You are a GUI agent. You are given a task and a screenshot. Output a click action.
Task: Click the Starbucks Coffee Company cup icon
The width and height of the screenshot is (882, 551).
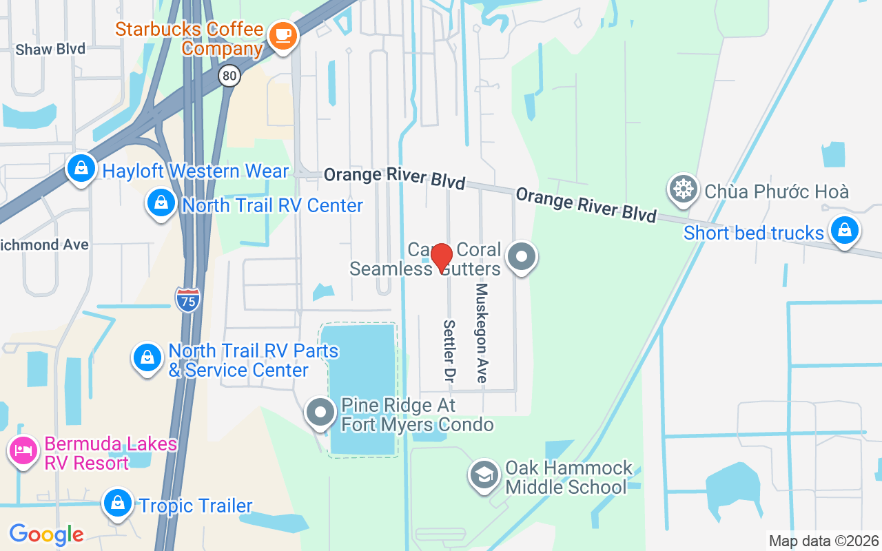click(x=282, y=34)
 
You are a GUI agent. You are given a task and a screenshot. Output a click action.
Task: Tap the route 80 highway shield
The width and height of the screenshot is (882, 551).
click(x=230, y=76)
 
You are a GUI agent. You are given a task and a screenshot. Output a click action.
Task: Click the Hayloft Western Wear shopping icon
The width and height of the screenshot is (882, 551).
click(x=81, y=168)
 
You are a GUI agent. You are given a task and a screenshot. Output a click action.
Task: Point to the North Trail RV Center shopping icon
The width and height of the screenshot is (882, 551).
click(x=161, y=203)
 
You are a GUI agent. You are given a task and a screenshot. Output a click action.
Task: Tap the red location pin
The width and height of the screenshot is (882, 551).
click(x=441, y=258)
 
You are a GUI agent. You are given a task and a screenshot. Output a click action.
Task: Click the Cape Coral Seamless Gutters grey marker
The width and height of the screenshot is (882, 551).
click(x=521, y=257)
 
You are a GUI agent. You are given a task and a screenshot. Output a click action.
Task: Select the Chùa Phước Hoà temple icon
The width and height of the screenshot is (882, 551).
click(x=683, y=189)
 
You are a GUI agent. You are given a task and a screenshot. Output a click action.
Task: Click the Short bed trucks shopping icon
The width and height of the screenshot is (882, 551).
click(x=844, y=231)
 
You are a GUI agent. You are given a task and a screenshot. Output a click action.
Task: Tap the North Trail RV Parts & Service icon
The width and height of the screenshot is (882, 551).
click(x=147, y=357)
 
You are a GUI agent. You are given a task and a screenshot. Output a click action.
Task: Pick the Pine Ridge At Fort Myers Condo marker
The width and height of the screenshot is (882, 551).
click(x=320, y=413)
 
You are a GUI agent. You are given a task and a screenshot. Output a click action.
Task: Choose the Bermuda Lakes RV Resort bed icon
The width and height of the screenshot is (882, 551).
click(x=23, y=451)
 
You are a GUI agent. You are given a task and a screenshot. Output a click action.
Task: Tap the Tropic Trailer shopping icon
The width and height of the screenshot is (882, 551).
click(x=118, y=503)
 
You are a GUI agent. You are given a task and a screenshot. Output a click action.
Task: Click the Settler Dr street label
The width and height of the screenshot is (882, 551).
click(x=449, y=351)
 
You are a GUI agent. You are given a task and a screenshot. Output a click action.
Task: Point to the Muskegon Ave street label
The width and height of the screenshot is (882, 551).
click(x=482, y=333)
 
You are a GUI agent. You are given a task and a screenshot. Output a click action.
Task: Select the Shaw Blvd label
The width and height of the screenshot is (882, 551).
click(x=50, y=49)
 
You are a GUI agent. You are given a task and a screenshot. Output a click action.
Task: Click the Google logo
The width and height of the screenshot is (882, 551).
click(x=46, y=534)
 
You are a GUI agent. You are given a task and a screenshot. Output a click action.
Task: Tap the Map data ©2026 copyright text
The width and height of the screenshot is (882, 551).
click(x=823, y=541)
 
